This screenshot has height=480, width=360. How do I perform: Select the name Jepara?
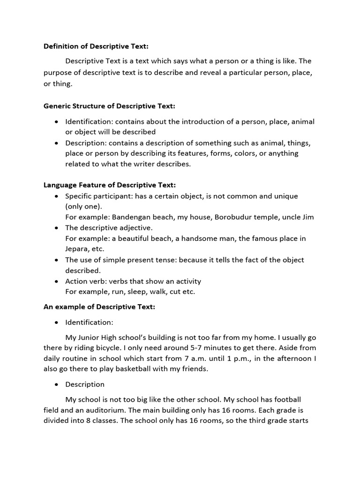point(77,249)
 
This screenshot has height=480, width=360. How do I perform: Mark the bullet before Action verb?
point(56,281)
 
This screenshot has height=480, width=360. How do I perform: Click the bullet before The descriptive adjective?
point(56,228)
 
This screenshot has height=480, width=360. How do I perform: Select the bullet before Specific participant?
point(56,196)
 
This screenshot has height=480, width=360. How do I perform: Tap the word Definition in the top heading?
point(61,46)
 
